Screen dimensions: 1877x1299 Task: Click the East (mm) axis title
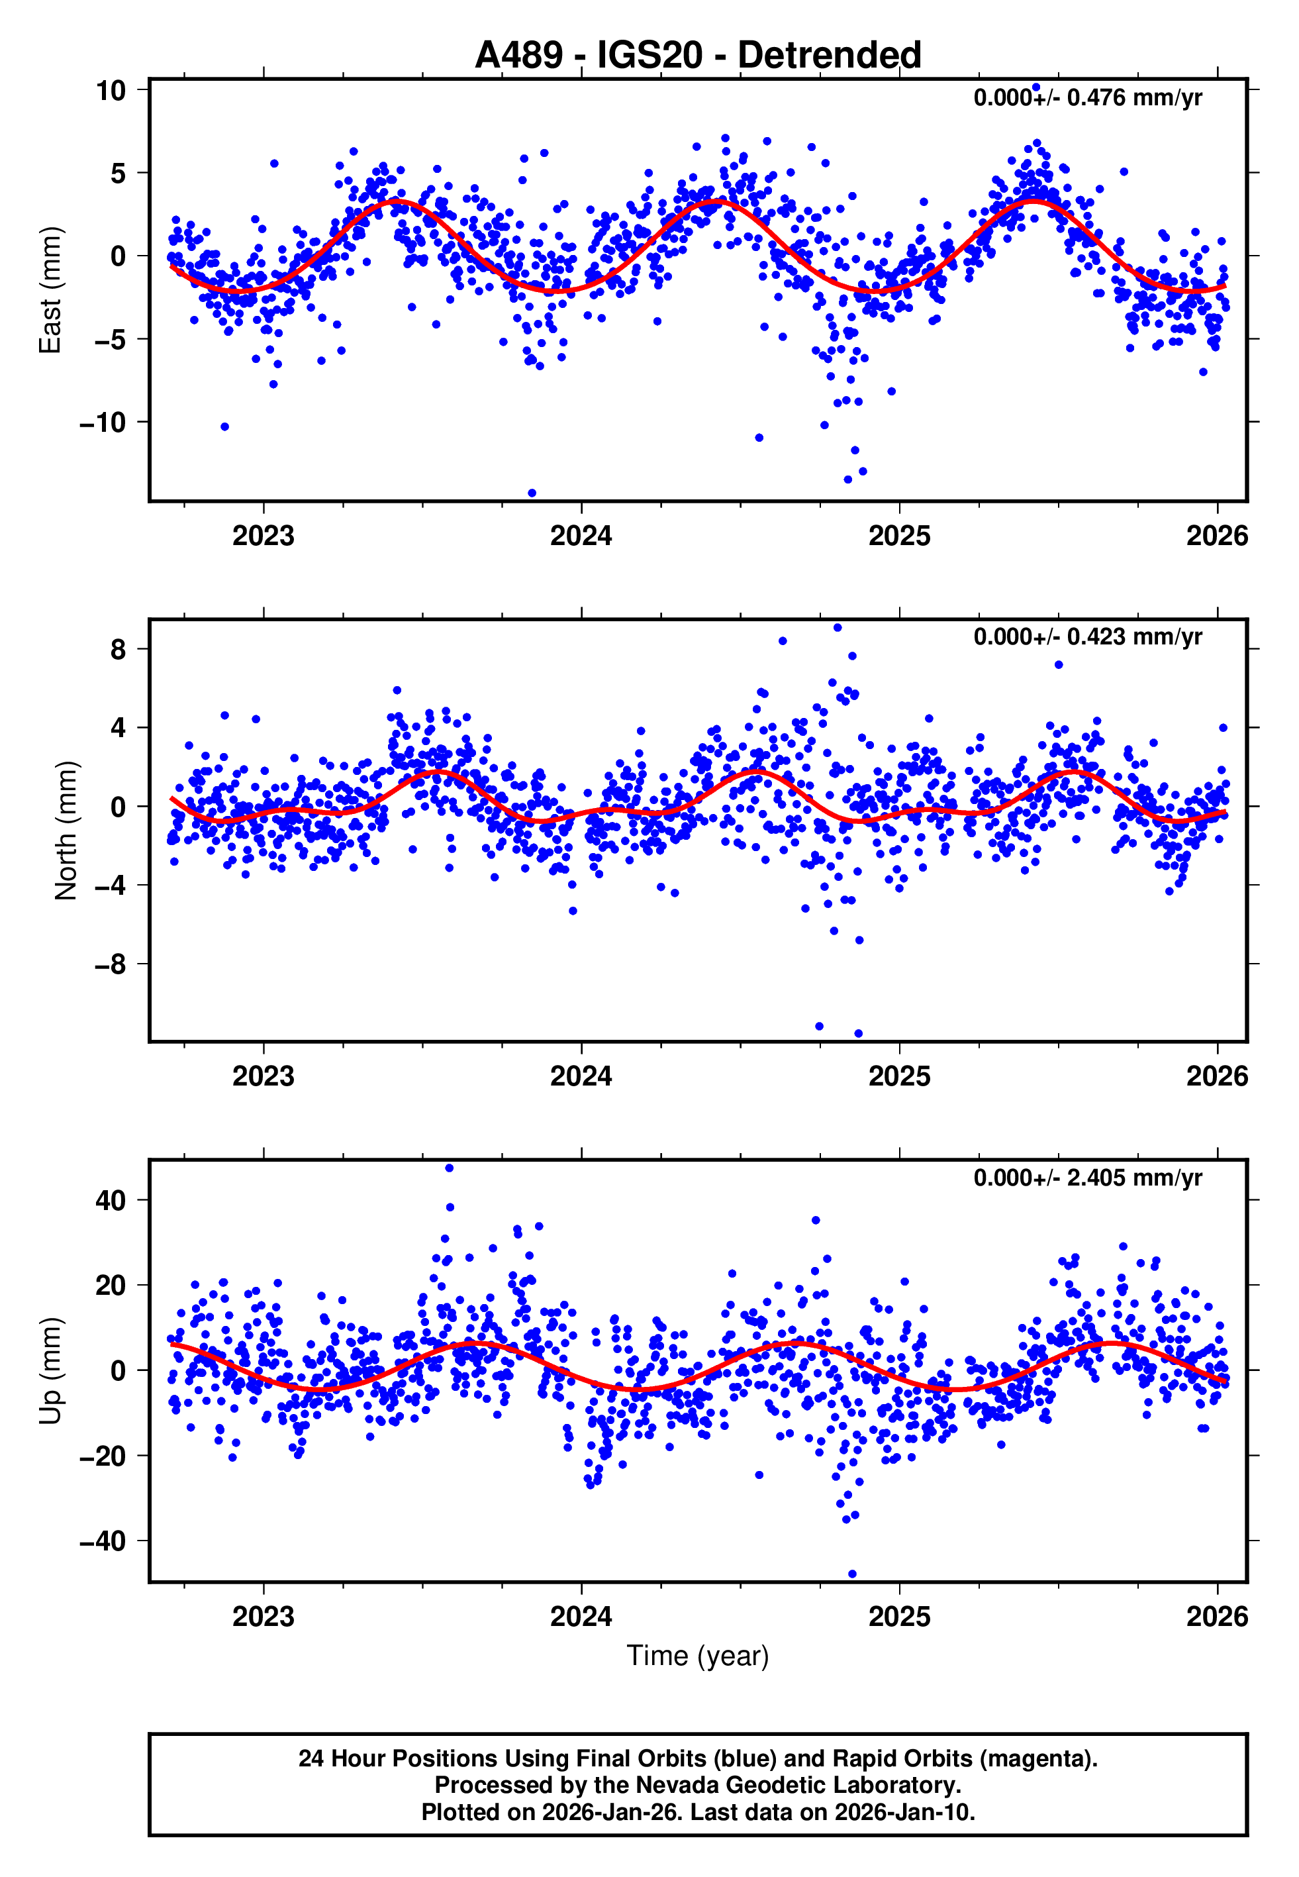[x=50, y=290]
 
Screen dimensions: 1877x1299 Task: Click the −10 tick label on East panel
[x=103, y=423]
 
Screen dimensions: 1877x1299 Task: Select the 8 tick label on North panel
[x=119, y=650]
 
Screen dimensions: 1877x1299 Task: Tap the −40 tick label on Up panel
[x=103, y=1541]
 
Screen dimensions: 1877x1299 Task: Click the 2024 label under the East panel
[x=581, y=536]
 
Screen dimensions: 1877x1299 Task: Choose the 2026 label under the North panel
[x=1216, y=1076]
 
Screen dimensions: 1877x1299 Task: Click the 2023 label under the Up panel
[x=263, y=1617]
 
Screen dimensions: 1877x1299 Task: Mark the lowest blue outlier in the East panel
[x=532, y=493]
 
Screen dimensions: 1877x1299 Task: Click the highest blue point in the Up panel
[x=450, y=1168]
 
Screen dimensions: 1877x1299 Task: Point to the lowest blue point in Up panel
[x=852, y=1574]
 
